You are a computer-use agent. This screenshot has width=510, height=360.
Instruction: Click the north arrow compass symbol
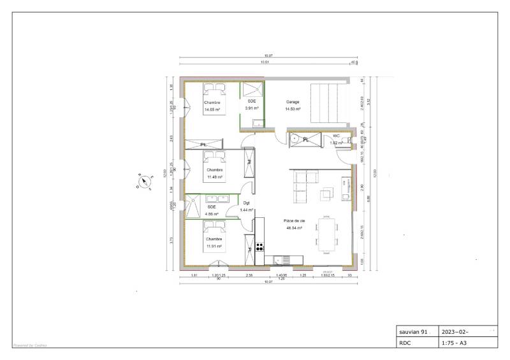tap(145, 182)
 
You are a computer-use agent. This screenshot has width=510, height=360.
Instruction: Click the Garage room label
tap(293, 102)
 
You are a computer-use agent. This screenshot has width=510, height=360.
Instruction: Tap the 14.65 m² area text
tap(212, 110)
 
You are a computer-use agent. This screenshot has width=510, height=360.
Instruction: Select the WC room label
tap(336, 136)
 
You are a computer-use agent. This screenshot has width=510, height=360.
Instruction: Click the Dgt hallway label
tap(246, 203)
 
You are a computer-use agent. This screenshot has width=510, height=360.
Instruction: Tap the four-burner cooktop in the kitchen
tap(259, 247)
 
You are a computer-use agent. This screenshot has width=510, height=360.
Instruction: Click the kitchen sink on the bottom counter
tap(279, 260)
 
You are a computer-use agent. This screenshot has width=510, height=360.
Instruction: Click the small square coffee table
tap(327, 193)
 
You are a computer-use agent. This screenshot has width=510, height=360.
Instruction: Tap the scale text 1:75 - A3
tap(455, 343)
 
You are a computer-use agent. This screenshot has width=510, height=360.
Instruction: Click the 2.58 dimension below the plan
tap(250, 274)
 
